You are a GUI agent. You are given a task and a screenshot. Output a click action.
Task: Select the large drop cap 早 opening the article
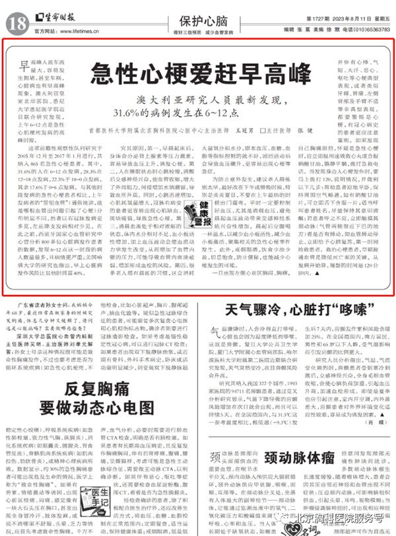[24, 65]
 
